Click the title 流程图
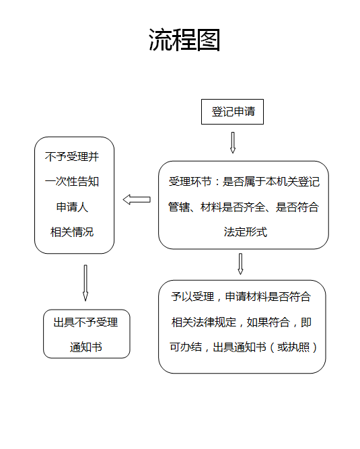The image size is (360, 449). [184, 40]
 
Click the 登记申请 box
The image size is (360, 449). [232, 112]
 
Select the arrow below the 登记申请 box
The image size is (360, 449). [233, 143]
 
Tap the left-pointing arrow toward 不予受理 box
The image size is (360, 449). [137, 199]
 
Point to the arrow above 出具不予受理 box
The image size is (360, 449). [85, 283]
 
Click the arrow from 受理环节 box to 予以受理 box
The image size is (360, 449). [241, 264]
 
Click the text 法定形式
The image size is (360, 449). [246, 232]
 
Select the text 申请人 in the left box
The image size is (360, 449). [72, 207]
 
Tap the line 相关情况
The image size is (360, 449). [72, 232]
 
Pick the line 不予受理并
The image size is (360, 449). [72, 157]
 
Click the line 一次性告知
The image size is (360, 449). [72, 182]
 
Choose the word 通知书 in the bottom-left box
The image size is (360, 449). [86, 347]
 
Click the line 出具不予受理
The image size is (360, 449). [86, 322]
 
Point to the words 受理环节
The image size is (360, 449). [190, 182]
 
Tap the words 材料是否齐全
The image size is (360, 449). [233, 207]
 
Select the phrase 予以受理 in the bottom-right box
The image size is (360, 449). [192, 297]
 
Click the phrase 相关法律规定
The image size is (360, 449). [204, 322]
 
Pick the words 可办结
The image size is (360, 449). [186, 347]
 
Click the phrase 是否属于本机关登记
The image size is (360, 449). [271, 182]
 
